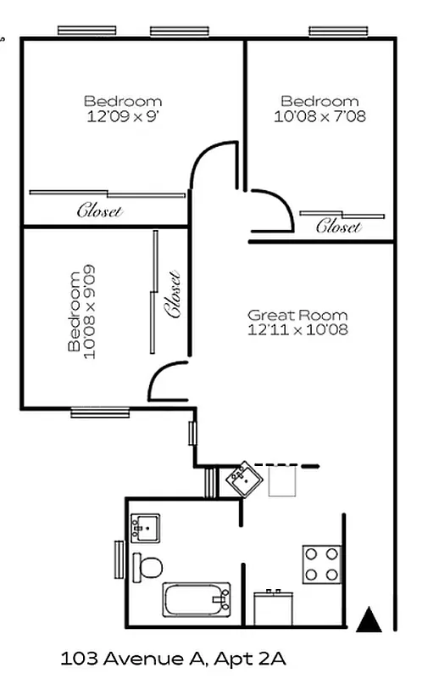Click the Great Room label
point(297,315)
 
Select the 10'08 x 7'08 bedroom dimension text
point(320,116)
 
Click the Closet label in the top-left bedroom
point(100,210)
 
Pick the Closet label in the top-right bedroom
point(339,226)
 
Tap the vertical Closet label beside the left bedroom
point(174,294)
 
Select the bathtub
point(197,599)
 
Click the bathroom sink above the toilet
point(145,527)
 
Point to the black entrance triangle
point(369,620)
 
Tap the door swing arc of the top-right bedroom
point(273,210)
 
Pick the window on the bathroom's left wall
point(119,560)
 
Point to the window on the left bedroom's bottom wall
point(99,413)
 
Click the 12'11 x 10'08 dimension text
point(297,329)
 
